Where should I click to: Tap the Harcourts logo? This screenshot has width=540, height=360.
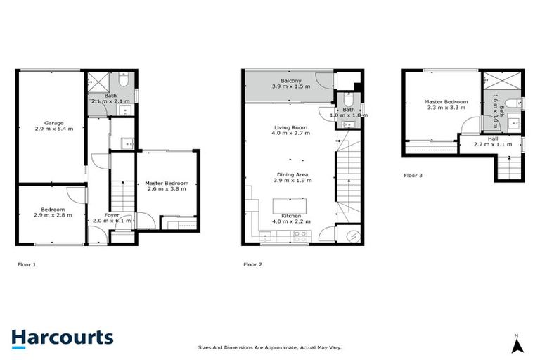tap(62, 337)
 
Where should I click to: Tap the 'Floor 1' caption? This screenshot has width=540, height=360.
tap(26, 265)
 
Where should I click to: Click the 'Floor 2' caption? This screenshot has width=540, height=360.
tap(252, 265)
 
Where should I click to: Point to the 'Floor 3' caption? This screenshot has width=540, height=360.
tap(413, 175)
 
